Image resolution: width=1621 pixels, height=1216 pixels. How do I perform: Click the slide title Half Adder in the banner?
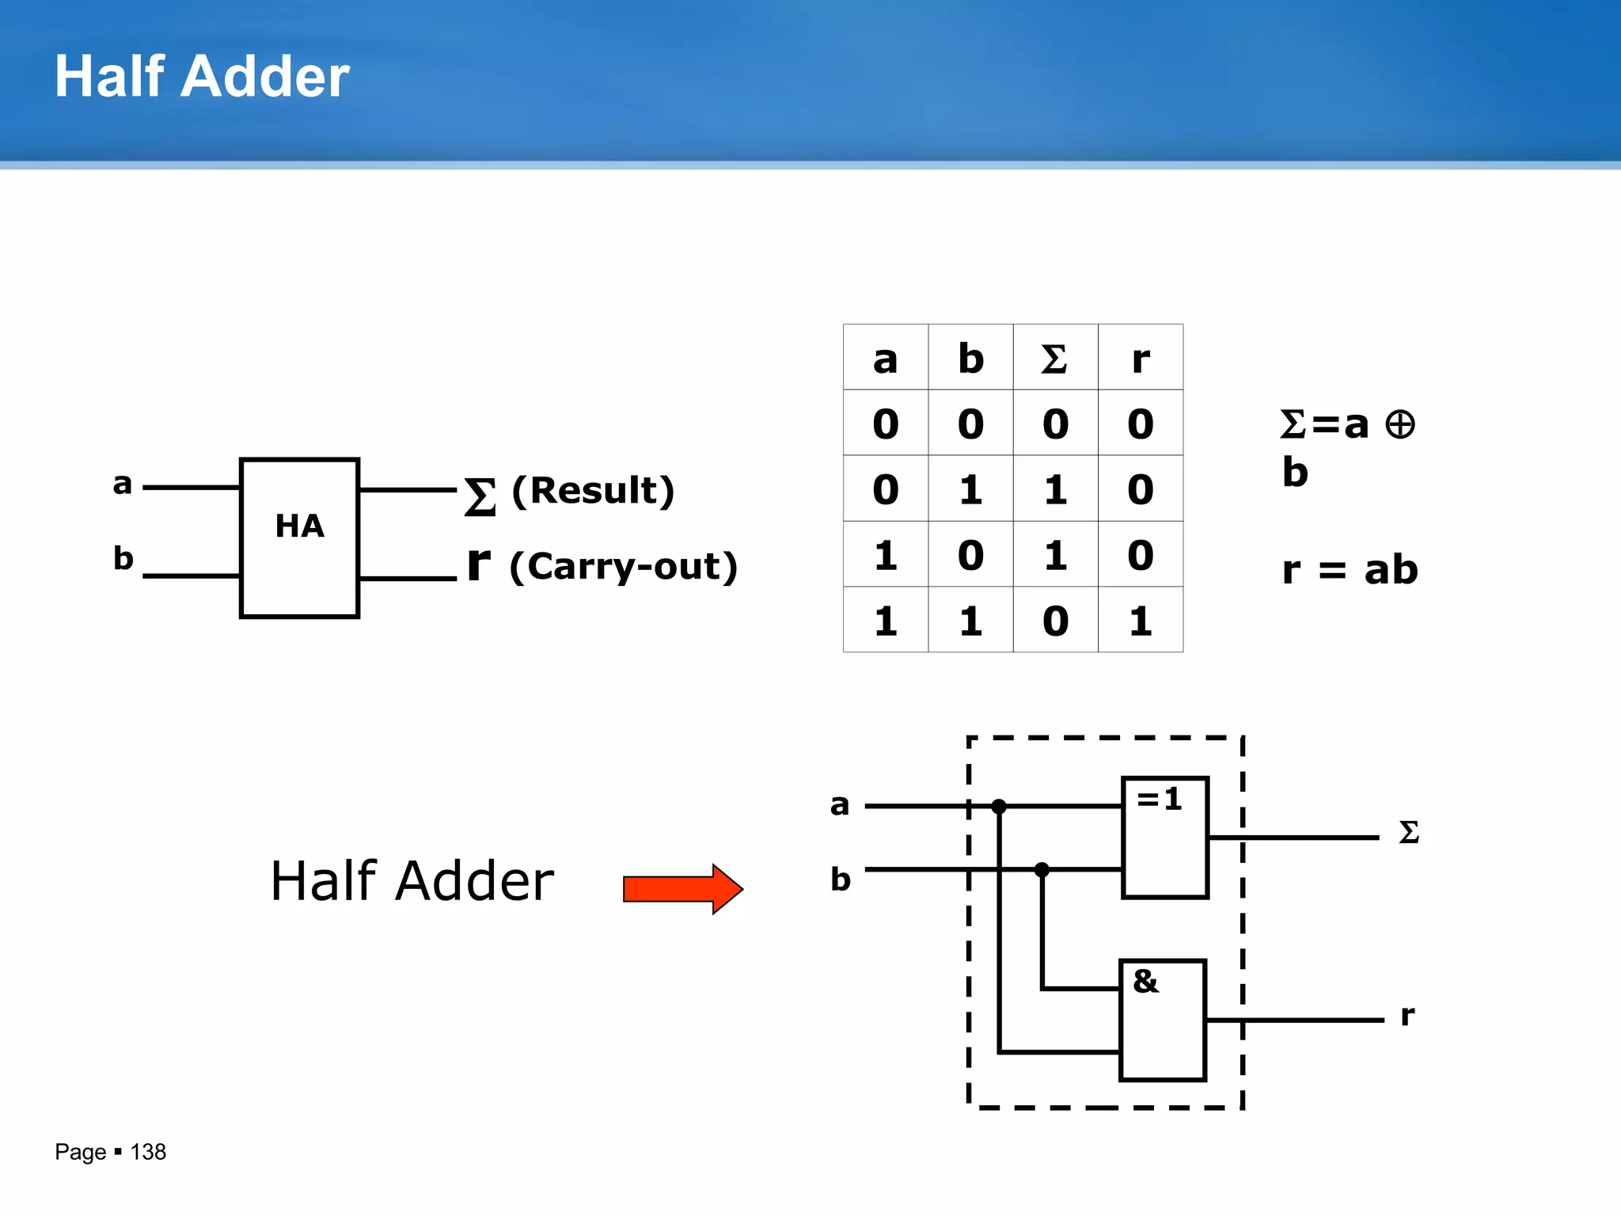tap(202, 77)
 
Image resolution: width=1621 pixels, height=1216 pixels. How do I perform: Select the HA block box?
tap(299, 538)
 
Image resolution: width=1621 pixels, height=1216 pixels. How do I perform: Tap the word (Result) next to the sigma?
tap(593, 491)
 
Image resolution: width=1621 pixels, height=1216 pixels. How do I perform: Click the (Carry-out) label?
tap(624, 567)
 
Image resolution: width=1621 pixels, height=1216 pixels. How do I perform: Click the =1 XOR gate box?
tap(1165, 838)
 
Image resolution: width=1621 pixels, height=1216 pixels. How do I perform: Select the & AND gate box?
tap(1163, 1020)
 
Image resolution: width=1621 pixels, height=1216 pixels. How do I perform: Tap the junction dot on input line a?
tap(999, 807)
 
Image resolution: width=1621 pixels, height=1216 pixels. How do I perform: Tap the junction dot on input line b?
tap(1042, 869)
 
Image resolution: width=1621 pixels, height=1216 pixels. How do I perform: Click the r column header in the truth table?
tap(1140, 359)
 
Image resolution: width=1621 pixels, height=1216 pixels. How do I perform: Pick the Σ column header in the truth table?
tap(1054, 359)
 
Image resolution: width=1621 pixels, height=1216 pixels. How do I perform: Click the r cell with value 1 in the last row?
tap(1140, 621)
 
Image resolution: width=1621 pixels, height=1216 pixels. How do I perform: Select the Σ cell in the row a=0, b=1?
tap(1054, 489)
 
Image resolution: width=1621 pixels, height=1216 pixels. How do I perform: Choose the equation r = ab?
tap(1350, 570)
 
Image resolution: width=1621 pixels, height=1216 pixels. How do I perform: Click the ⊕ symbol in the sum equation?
tap(1400, 424)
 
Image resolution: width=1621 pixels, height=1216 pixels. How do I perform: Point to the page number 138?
tap(148, 1152)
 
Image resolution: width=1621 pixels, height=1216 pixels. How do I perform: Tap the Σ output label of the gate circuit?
tap(1409, 833)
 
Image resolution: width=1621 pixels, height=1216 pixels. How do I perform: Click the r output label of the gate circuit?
tap(1407, 1015)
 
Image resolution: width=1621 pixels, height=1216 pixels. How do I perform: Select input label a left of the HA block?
tap(122, 483)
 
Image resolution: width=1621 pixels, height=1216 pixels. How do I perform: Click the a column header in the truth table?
tap(885, 359)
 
